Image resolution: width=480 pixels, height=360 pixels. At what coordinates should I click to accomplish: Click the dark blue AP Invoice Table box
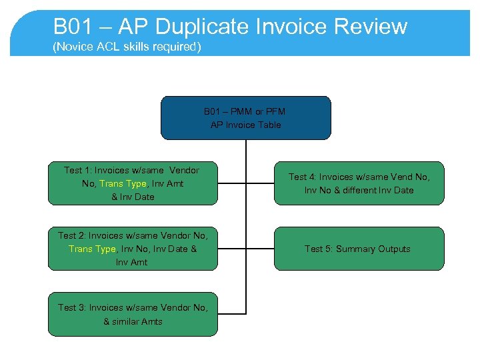coord(246,118)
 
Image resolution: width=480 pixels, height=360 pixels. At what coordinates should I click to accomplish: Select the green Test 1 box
coord(133,183)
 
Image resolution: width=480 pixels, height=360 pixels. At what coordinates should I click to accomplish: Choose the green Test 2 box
coord(133,249)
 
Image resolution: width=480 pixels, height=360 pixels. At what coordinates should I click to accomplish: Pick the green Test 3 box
coord(133,314)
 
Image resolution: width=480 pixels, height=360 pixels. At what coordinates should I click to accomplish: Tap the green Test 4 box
coord(359,183)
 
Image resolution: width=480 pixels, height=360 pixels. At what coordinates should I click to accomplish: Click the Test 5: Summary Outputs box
coord(359,249)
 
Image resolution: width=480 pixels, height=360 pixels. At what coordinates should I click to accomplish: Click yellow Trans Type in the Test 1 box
coord(123,183)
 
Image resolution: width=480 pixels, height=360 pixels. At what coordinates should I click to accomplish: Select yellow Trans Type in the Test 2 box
coord(92,249)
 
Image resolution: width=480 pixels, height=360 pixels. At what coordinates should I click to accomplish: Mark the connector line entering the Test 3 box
coord(231,313)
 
